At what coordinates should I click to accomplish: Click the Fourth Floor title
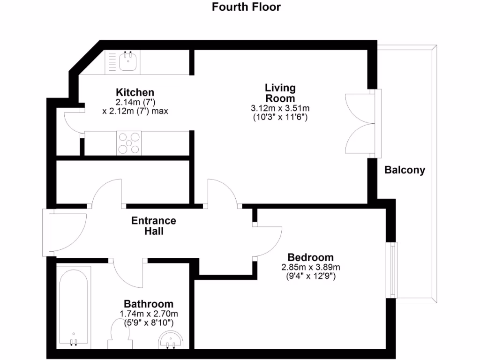pos(246,7)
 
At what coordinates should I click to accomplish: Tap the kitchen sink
pos(127,61)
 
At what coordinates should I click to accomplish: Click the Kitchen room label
pos(135,92)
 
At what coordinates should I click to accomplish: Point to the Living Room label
pos(280,93)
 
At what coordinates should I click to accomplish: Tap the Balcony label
pos(405,170)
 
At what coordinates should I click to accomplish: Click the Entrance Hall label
pos(154,225)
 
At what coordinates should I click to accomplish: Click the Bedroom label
pos(310,257)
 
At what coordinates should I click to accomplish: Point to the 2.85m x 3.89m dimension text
pos(310,267)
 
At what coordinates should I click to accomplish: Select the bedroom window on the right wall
pos(392,270)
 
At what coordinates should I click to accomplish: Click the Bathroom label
pos(148,304)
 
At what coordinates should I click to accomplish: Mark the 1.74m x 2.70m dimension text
pos(148,314)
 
